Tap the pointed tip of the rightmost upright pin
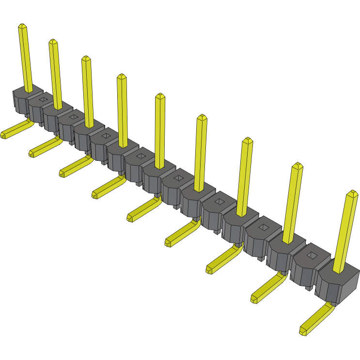point(352,194)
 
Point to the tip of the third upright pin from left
point(86,59)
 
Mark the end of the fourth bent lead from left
point(95,195)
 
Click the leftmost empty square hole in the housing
point(43,99)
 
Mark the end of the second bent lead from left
point(32,154)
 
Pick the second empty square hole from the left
point(74,117)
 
